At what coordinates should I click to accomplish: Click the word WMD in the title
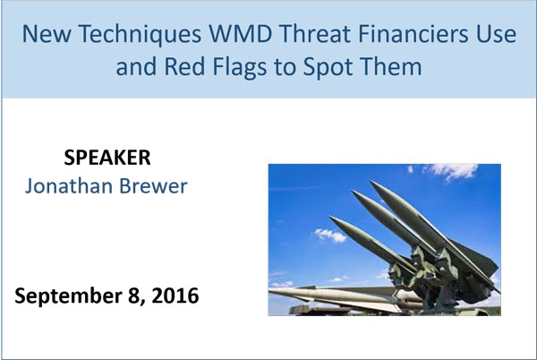241,34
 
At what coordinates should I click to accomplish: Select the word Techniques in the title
140,35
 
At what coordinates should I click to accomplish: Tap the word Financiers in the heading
408,34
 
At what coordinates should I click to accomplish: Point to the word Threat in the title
315,34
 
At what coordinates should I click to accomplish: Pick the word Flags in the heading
240,68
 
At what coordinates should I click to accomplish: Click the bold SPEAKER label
107,158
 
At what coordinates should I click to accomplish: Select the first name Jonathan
69,186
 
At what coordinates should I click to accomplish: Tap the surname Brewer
153,186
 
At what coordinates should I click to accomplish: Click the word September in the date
69,296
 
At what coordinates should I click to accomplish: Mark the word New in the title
47,34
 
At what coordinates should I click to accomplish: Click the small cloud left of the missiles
330,235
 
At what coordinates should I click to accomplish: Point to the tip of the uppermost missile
371,181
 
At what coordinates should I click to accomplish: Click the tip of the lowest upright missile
330,217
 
